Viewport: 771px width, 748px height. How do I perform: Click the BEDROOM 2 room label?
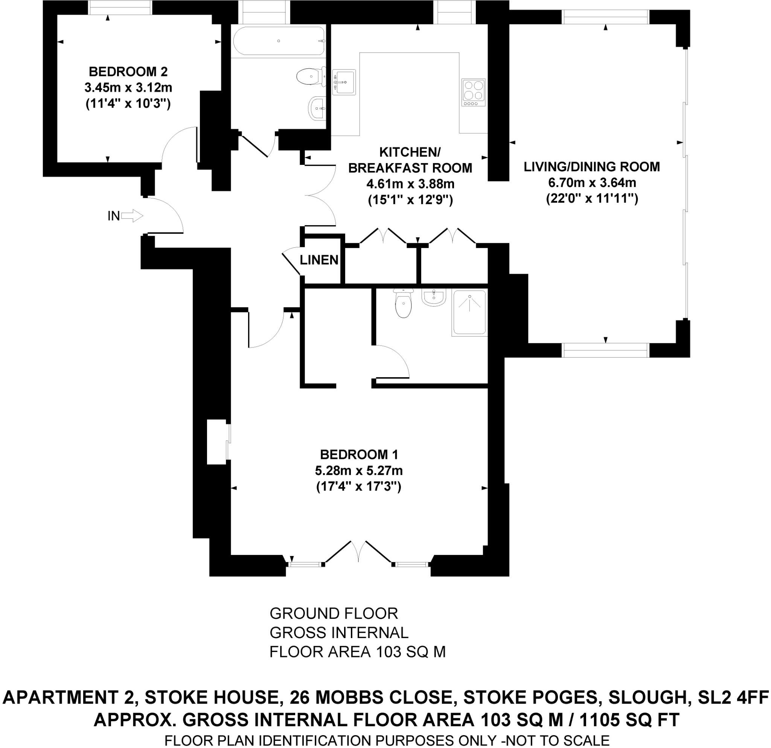tap(128, 72)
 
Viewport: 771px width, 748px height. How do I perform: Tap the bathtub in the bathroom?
tap(279, 41)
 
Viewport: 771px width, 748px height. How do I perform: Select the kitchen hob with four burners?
tap(474, 93)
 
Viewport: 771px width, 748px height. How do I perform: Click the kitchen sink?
tap(344, 82)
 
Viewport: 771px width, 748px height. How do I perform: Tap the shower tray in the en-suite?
tap(469, 312)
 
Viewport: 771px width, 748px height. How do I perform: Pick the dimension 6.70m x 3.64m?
tap(592, 183)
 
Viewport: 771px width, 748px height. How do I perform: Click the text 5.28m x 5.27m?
tap(358, 471)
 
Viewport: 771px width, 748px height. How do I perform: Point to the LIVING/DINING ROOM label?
tap(592, 167)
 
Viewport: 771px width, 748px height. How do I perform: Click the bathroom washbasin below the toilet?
tap(317, 108)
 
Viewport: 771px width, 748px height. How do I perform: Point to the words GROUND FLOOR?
tap(334, 614)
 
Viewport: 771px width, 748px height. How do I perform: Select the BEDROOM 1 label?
tap(359, 455)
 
